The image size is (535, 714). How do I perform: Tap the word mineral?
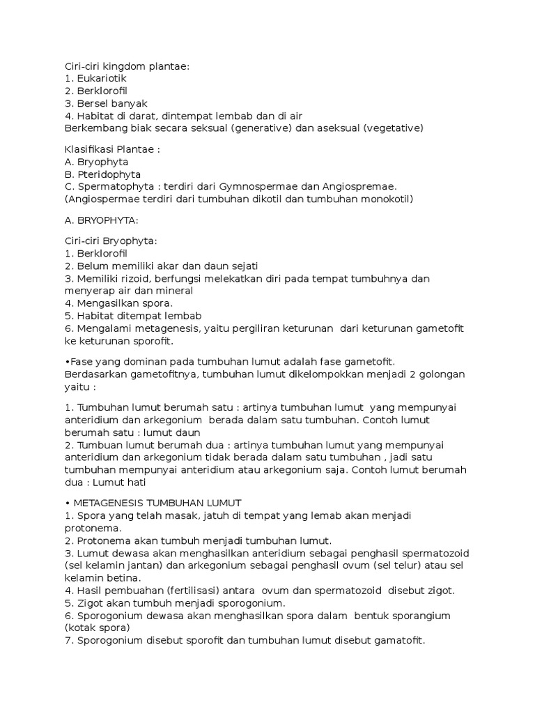(174, 291)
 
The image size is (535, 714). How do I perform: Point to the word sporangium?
(412, 616)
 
